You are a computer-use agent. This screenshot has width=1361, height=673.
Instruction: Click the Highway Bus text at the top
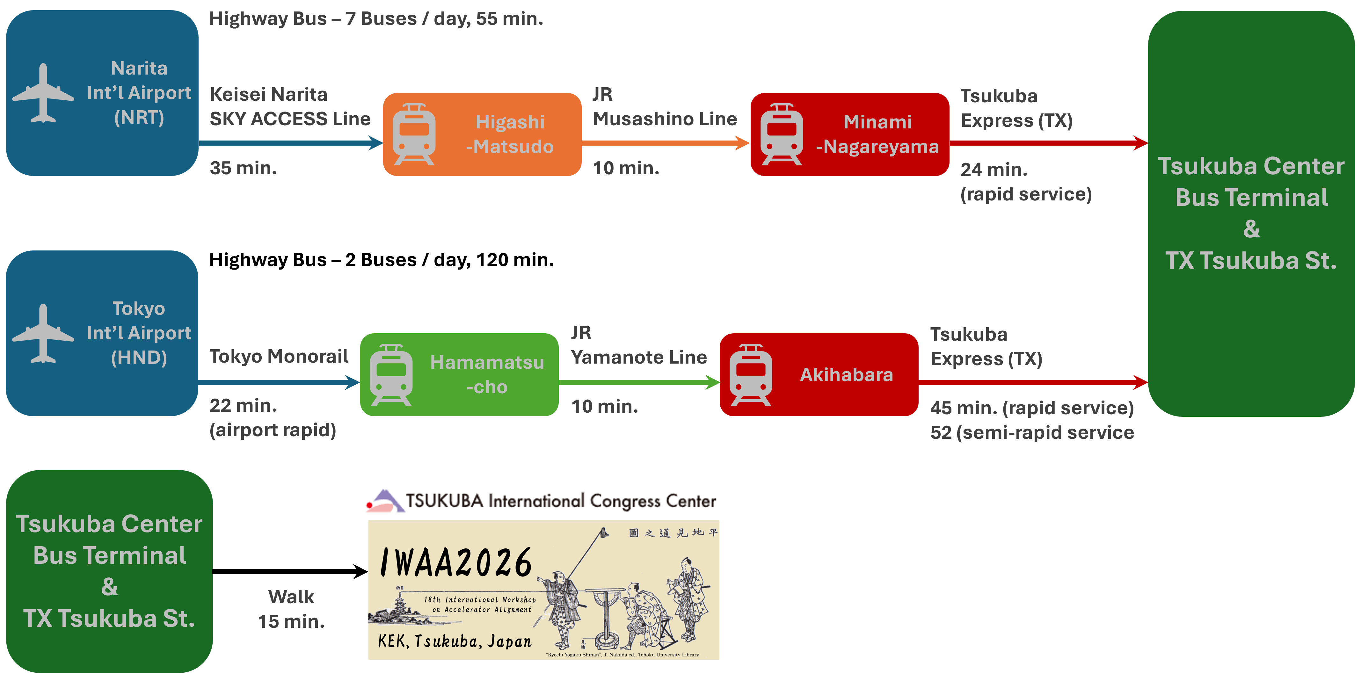pos(376,19)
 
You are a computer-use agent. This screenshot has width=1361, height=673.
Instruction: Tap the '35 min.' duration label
pos(243,168)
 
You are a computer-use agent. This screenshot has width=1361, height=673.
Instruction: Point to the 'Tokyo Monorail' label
pos(279,357)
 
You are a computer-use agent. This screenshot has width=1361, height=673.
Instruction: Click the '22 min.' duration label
pos(243,406)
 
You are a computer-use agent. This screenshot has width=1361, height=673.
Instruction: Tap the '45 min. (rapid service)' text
pos(1032,408)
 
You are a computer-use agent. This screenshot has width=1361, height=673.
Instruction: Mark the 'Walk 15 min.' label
pos(291,609)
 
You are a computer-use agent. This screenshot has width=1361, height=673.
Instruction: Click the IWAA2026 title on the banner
pos(455,563)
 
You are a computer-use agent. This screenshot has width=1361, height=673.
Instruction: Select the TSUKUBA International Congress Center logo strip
pos(539,500)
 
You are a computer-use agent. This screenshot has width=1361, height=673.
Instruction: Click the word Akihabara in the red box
pos(846,374)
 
